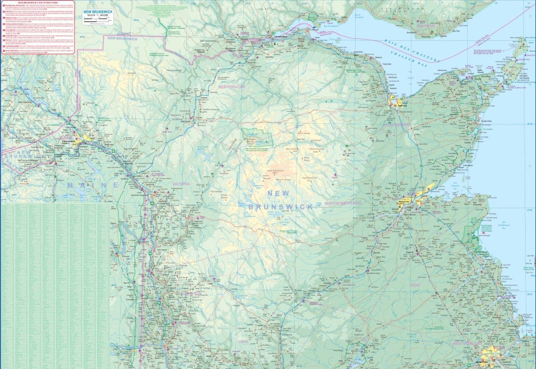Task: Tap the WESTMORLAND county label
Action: [469, 344]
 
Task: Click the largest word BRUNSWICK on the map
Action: [280, 208]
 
